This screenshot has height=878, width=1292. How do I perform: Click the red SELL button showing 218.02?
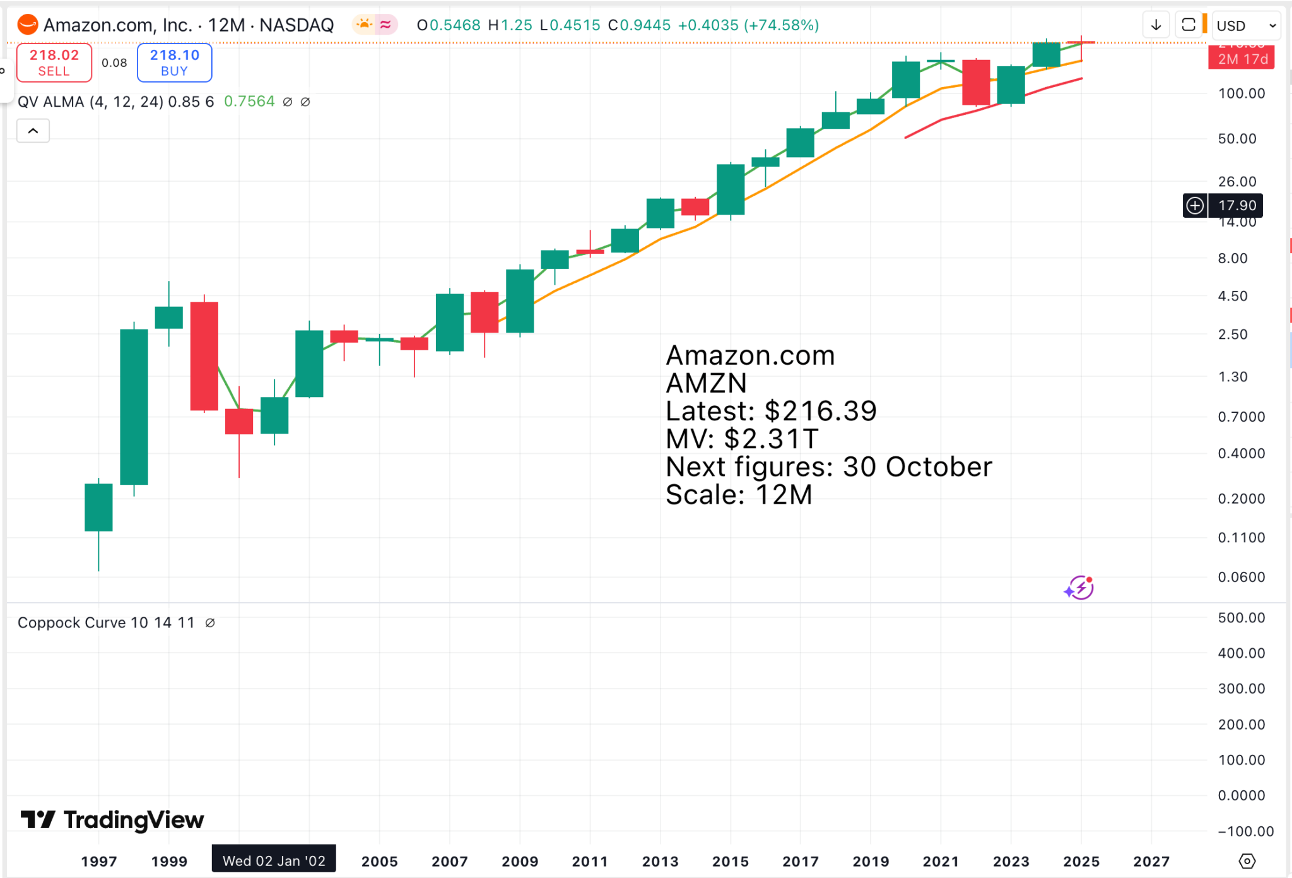coord(54,62)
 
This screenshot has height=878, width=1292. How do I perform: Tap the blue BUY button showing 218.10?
coord(174,62)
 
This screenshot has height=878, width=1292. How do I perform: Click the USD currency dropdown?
coord(1245,26)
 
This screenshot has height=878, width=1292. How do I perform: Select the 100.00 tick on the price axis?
coord(1241,93)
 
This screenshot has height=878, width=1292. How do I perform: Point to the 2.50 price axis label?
coord(1232,335)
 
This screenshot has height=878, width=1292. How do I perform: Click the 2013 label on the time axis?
coord(660,861)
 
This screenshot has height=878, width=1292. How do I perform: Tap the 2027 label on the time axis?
coord(1151,861)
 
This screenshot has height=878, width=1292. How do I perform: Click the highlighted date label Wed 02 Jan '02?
coord(274,861)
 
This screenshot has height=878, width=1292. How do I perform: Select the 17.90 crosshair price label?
coord(1236,205)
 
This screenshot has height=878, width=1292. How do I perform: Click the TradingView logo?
coord(112,820)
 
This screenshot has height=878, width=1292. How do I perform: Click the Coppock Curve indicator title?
coord(106,623)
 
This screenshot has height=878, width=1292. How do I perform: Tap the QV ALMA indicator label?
coord(115,102)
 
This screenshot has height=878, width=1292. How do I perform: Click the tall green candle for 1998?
coord(134,407)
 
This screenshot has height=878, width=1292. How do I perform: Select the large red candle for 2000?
coord(204,356)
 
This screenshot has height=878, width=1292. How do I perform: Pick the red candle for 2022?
coord(975,82)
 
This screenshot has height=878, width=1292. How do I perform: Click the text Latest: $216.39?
coord(771,412)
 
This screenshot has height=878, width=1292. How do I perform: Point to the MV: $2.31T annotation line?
coord(742,439)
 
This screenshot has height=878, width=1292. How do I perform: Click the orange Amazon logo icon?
coord(28,25)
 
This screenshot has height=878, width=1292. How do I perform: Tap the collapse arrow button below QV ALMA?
coord(33,131)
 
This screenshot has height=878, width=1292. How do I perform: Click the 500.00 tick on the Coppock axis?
coord(1241,618)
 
